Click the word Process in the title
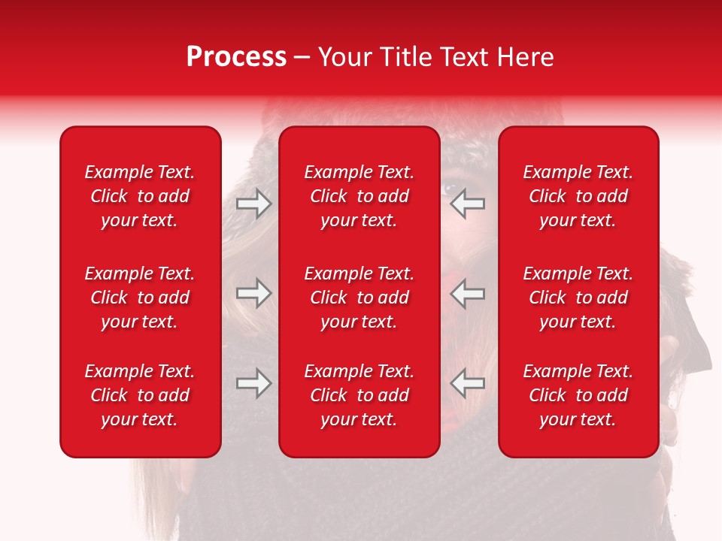pyautogui.click(x=236, y=57)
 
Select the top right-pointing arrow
pyautogui.click(x=254, y=204)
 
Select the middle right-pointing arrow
pyautogui.click(x=254, y=293)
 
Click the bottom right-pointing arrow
pyautogui.click(x=254, y=383)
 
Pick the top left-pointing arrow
pyautogui.click(x=467, y=204)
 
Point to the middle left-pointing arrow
pyautogui.click(x=467, y=293)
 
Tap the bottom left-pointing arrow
pyautogui.click(x=467, y=383)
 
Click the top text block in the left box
pyautogui.click(x=140, y=196)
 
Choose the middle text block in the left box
pyautogui.click(x=140, y=298)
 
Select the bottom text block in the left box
pyautogui.click(x=140, y=395)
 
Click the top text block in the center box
pyautogui.click(x=359, y=196)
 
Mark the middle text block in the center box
pyautogui.click(x=359, y=298)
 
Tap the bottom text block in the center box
pyautogui.click(x=359, y=395)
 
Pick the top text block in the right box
pyautogui.click(x=578, y=196)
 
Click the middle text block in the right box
pyautogui.click(x=578, y=298)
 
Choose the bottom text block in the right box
pyautogui.click(x=578, y=395)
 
